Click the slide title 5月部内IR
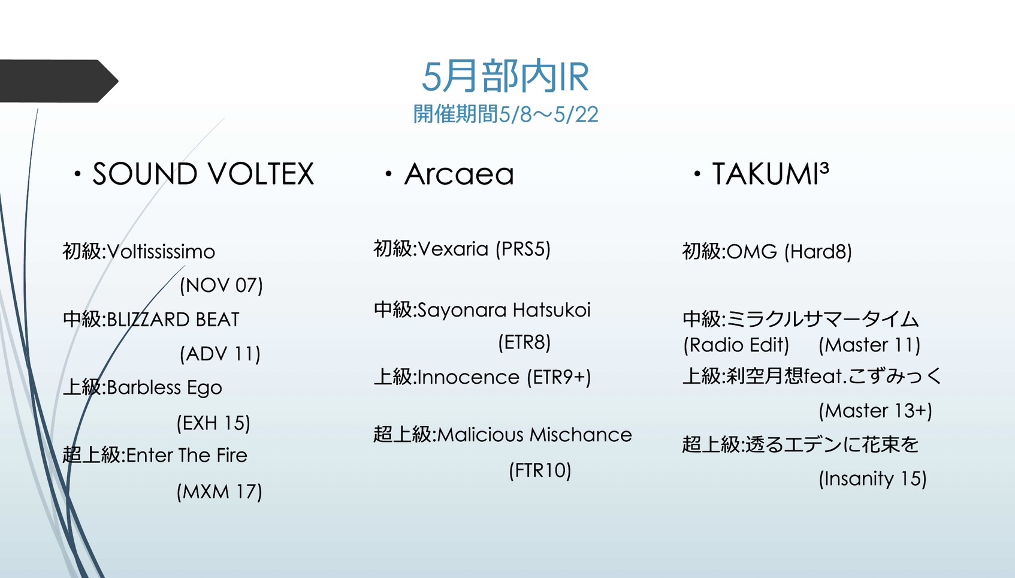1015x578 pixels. pos(505,76)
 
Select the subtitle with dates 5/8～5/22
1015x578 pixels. pos(506,114)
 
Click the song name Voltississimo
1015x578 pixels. pos(161,252)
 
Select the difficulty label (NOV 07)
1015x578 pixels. pos(221,285)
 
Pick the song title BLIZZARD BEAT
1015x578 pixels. pos(173,320)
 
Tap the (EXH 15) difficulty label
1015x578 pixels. pos(213,423)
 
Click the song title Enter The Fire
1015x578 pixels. pos(187,455)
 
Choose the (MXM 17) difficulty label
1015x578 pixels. pos(219,492)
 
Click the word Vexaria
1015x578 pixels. pos(452,249)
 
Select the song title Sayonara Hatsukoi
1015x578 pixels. pos(504,310)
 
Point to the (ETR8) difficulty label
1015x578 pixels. pos(524,342)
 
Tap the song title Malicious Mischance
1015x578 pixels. pos(534,435)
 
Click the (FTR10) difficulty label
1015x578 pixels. pos(540,471)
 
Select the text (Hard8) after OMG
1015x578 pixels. pos(818,252)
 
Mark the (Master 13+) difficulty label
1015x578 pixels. pos(875,411)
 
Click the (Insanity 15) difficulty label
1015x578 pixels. pos(873,478)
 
